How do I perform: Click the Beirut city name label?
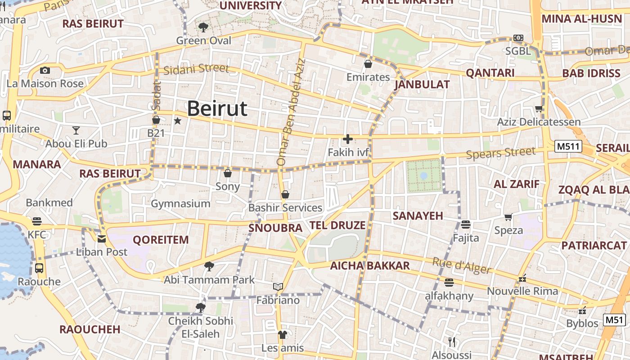[x=217, y=109]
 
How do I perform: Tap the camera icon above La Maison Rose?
[x=45, y=70]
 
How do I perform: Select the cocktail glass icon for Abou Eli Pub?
[x=76, y=130]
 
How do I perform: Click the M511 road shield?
[x=568, y=146]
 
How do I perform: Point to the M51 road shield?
[x=614, y=320]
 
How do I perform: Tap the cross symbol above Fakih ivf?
[x=348, y=139]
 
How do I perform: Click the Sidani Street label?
[x=196, y=69]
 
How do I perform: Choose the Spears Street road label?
[x=501, y=153]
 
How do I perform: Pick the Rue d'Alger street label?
[x=462, y=265]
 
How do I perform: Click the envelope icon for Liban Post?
[x=102, y=239]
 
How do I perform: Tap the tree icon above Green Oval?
[x=203, y=27]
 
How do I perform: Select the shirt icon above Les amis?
[x=282, y=335]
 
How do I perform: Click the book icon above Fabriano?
[x=278, y=287]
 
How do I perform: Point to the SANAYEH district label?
[x=418, y=216]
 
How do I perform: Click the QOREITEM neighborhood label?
[x=161, y=240]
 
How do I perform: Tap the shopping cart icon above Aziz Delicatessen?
[x=539, y=108]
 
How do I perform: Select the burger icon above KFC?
[x=37, y=221]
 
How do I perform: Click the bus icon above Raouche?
[x=39, y=268]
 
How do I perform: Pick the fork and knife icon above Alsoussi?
[x=452, y=342]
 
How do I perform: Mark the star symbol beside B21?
[x=178, y=121]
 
